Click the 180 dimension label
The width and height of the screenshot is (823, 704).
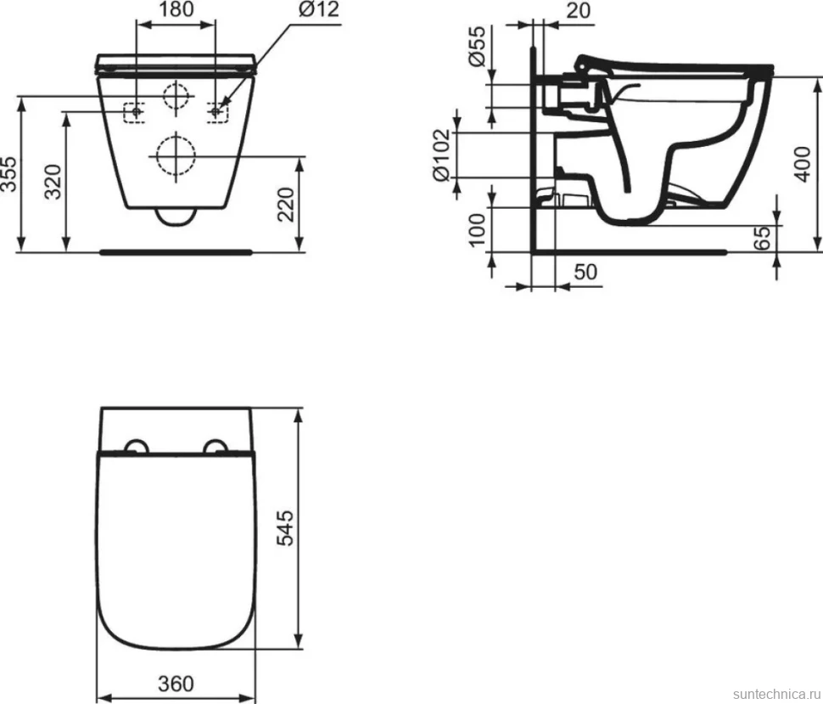pos(176,9)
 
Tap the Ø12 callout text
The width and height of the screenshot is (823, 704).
pos(319,9)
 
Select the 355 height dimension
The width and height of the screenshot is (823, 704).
pos(9,174)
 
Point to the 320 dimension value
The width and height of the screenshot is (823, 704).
pos(53,182)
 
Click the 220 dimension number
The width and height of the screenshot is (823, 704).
pos(286,205)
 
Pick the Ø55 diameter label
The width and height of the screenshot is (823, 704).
pos(477,46)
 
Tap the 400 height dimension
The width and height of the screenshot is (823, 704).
pos(803,165)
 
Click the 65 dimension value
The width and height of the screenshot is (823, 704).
pos(763,238)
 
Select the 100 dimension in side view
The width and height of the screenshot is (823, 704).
pos(477,229)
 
